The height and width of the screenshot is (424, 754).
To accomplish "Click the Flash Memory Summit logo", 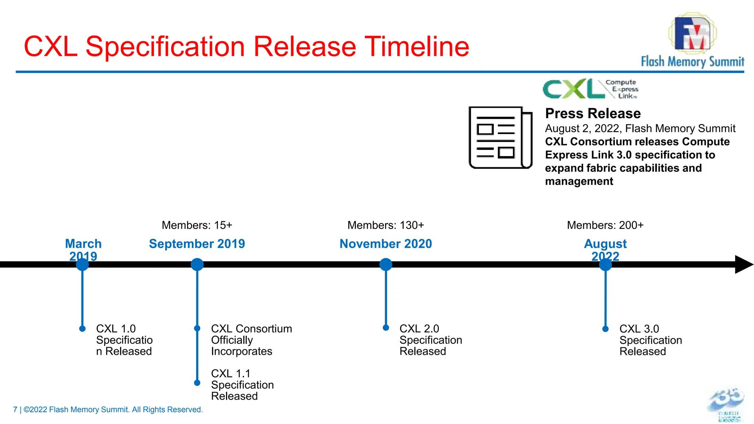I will (692, 40).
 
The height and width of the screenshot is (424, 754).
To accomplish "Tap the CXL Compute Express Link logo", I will (590, 89).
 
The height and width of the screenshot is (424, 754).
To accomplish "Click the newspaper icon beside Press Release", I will (500, 138).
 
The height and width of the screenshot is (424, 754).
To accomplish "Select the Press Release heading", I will (593, 113).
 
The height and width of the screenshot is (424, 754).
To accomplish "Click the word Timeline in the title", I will (416, 47).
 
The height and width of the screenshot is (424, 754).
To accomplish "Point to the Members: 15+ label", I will (197, 225).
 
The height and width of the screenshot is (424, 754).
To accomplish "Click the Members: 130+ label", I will (385, 225).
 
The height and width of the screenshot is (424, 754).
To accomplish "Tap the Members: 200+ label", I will (605, 225).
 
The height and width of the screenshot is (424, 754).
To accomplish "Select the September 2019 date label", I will (197, 244).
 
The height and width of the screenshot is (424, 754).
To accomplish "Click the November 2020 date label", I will (385, 244).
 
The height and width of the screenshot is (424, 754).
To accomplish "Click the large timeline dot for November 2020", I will (385, 264).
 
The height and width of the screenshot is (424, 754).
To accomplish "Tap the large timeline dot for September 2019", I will (197, 264).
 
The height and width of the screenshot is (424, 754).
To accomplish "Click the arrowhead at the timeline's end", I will (743, 264).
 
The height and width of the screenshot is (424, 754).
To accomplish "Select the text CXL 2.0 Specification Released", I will (430, 340).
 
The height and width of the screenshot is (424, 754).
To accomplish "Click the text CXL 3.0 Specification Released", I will (650, 340).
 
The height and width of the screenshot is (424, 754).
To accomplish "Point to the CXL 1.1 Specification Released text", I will (242, 385).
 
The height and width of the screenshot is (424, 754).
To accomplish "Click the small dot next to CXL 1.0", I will (82, 329).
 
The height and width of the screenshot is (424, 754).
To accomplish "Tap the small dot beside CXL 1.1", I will (197, 383).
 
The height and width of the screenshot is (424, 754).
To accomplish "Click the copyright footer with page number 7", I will (108, 410).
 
